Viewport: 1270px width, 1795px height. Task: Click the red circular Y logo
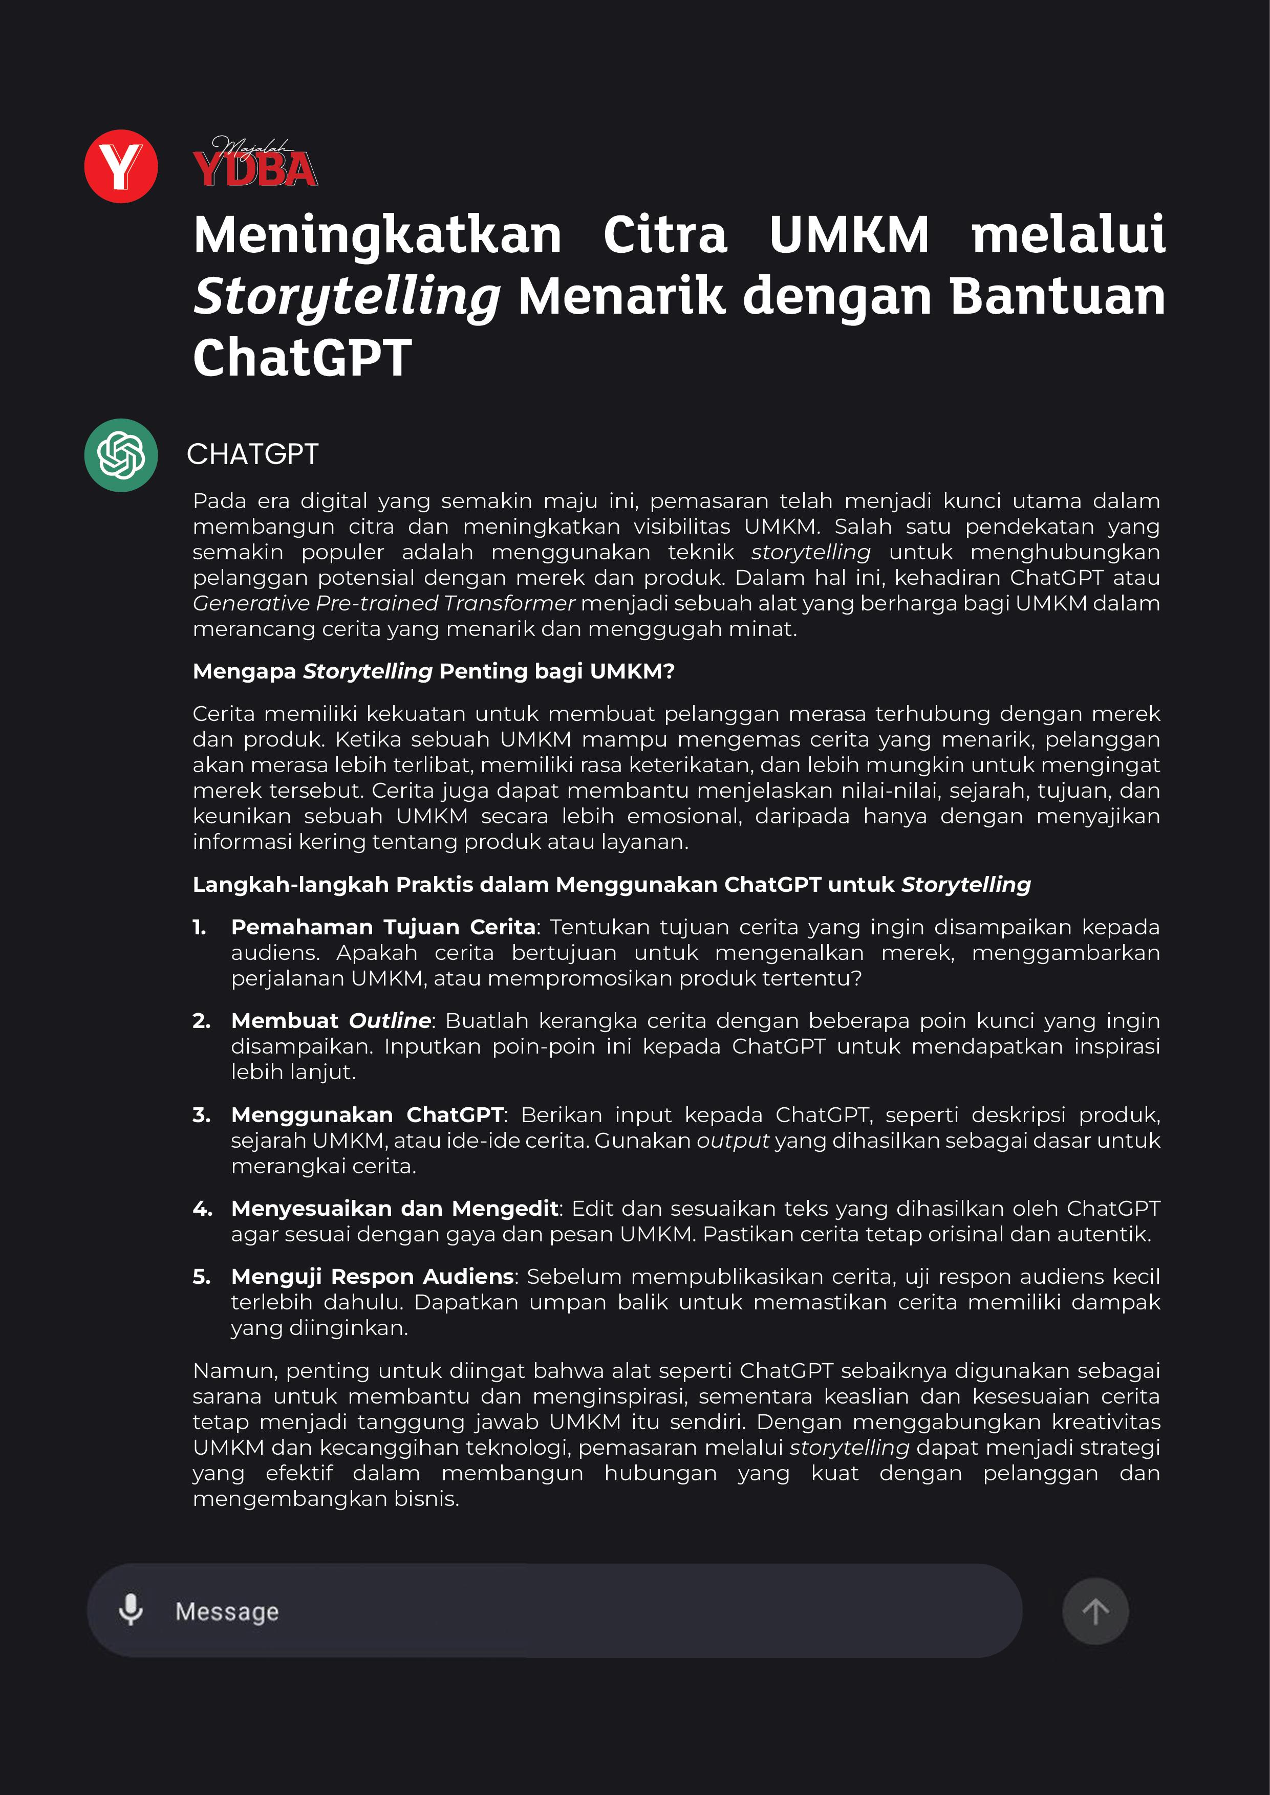(x=121, y=166)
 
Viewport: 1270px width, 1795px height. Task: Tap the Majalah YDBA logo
(x=255, y=163)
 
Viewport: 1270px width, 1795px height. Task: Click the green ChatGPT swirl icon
(x=121, y=455)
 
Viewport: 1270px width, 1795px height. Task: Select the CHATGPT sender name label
(x=252, y=454)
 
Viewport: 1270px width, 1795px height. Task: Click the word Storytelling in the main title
(x=347, y=297)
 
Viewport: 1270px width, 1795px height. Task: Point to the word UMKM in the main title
(x=849, y=235)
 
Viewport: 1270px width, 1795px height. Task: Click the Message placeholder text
(x=227, y=1611)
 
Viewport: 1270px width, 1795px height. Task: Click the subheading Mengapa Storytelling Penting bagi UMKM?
(x=433, y=671)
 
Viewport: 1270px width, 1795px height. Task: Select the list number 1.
(x=200, y=927)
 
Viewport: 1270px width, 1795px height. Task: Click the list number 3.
(x=201, y=1115)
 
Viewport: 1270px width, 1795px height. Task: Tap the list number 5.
(x=201, y=1277)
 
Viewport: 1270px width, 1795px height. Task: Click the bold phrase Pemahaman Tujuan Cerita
(x=383, y=927)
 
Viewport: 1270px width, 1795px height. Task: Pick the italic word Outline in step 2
(x=390, y=1021)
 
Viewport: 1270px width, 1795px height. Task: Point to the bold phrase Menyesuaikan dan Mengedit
(x=395, y=1209)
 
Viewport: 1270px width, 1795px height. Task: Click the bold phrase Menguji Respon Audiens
(x=372, y=1277)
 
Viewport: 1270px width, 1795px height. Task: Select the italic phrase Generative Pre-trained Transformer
(x=383, y=604)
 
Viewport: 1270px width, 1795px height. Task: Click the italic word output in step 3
(x=733, y=1141)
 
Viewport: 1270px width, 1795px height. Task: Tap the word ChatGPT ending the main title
(x=302, y=358)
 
